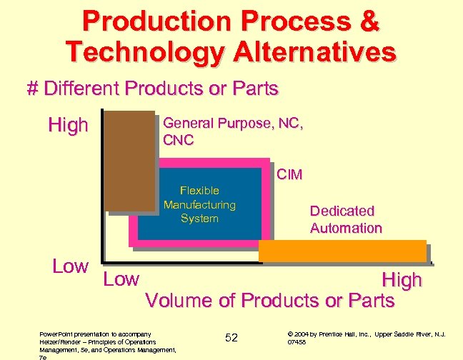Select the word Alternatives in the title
(311, 52)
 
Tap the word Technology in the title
(141, 52)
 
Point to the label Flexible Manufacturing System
(199, 204)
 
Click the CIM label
(290, 174)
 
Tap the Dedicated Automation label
(346, 219)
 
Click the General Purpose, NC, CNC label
(234, 131)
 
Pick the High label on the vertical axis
(68, 126)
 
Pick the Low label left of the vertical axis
(70, 266)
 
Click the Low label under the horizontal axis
(121, 279)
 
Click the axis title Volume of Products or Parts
(269, 301)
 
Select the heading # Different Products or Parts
(151, 89)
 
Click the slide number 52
(231, 337)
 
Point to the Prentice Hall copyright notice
(366, 337)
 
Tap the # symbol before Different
(32, 89)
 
